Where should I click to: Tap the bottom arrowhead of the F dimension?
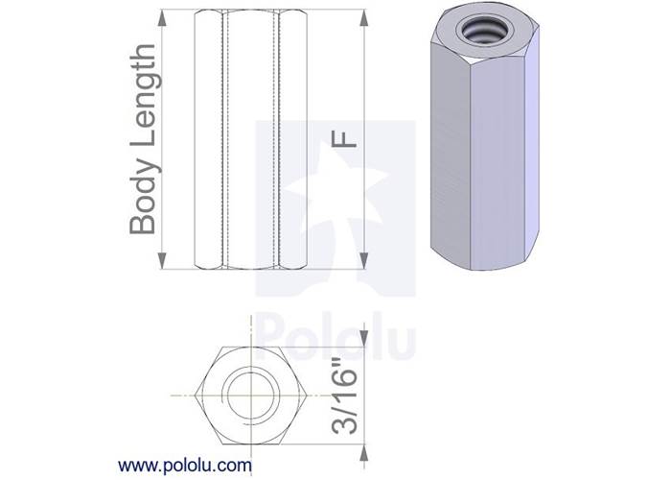[367, 260]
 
